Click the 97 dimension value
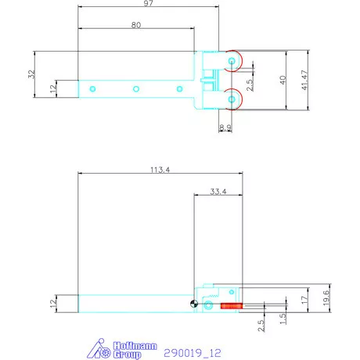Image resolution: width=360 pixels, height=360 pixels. pos(148,3)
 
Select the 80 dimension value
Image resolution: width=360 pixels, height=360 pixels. pos(136,25)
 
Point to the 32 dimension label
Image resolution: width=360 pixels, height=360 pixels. pos(31,74)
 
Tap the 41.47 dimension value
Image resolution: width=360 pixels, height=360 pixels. pos(304,80)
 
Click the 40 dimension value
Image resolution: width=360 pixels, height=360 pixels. pos(283,80)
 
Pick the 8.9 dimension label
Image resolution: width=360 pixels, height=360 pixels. pos(225,128)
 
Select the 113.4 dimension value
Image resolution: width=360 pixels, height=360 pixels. pos(160,170)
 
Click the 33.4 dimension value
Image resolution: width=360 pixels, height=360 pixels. pos(218,192)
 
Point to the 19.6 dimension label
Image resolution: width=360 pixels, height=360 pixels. pos(326,298)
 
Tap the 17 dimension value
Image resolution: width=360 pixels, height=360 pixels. pos(304,300)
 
